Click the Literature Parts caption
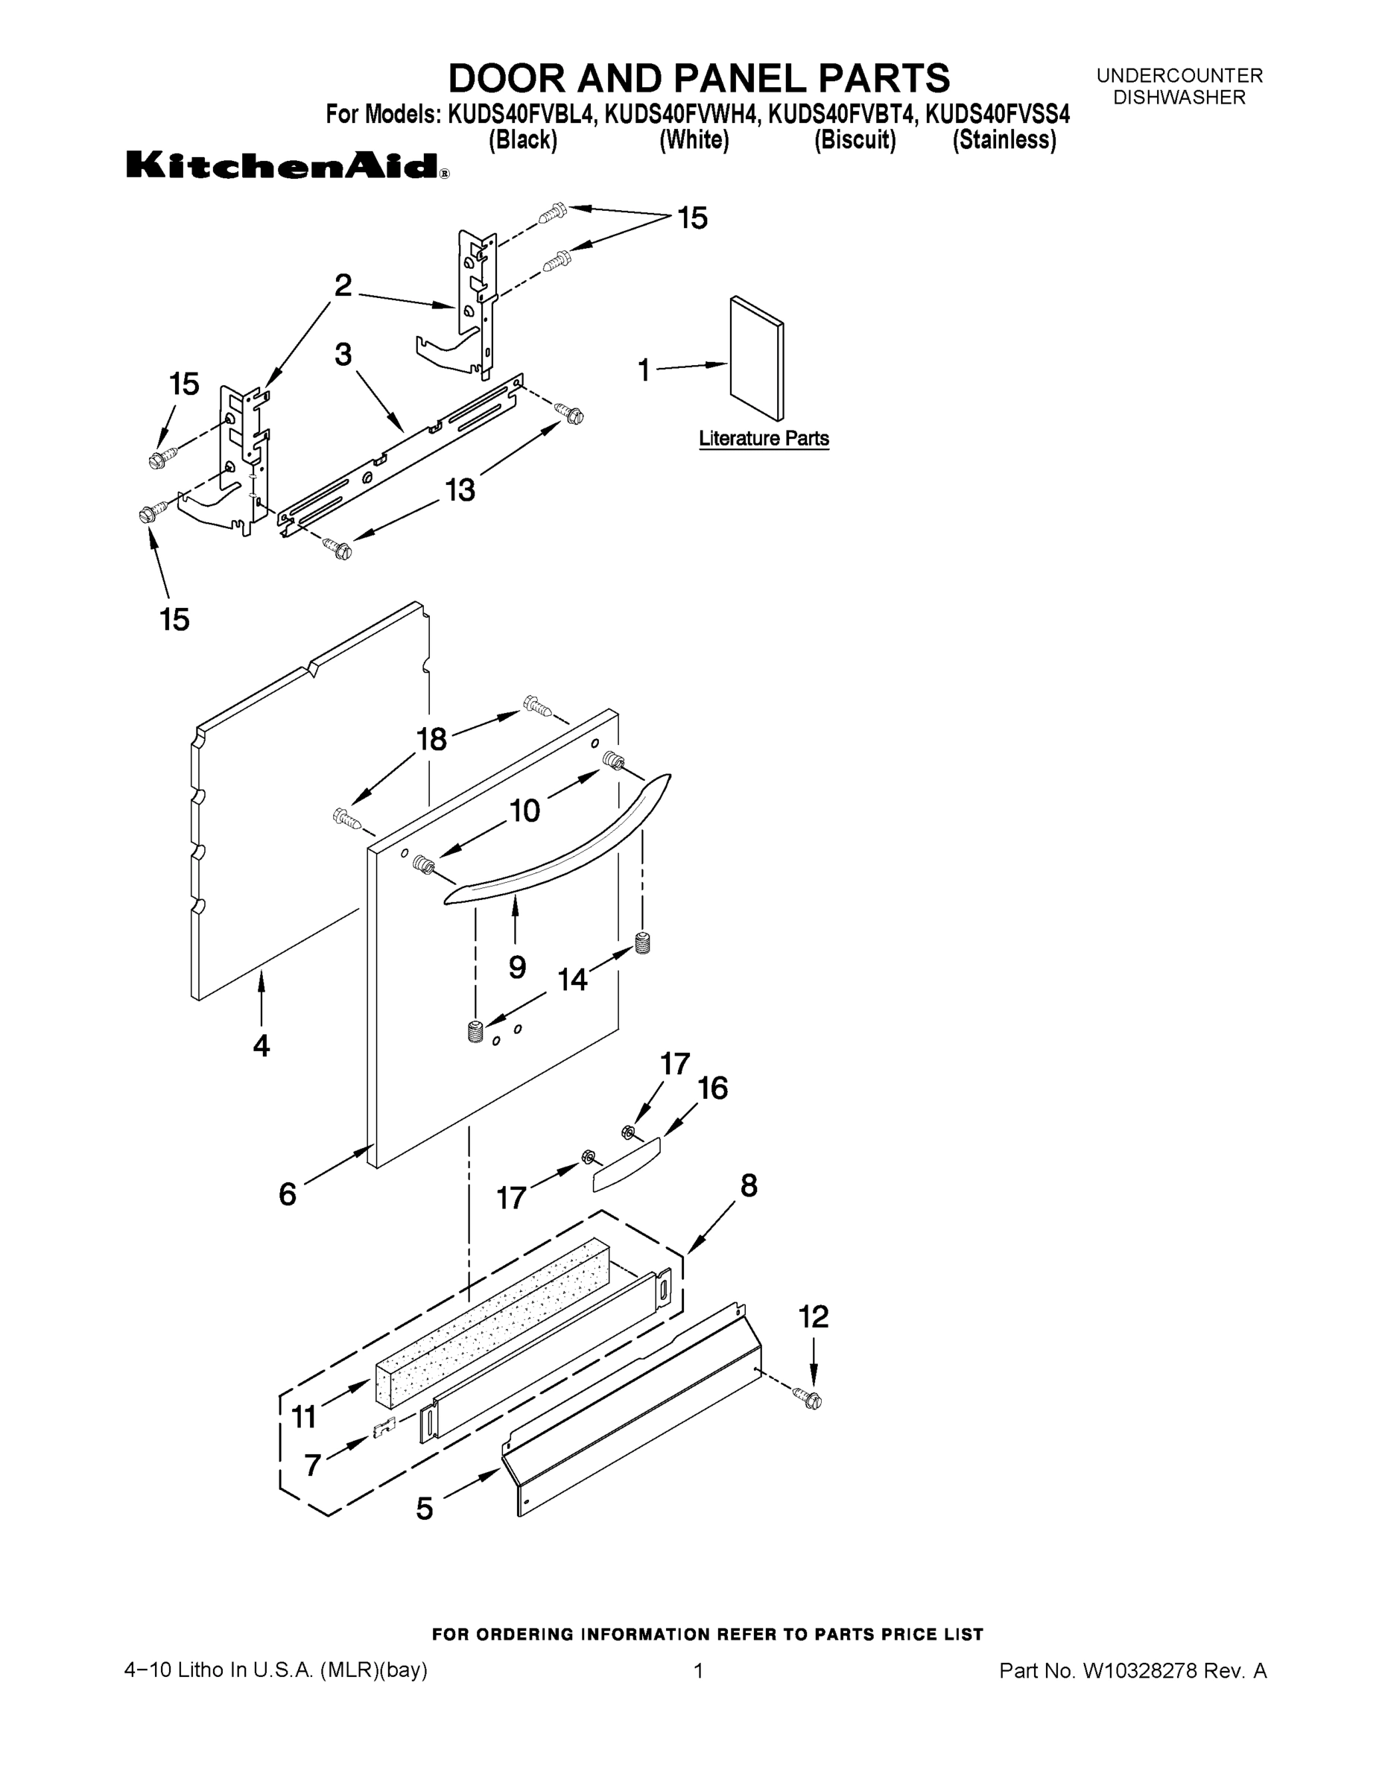click(763, 439)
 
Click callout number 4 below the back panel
click(261, 1045)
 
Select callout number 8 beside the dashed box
click(748, 1185)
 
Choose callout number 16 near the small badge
click(712, 1088)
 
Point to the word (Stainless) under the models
click(1004, 141)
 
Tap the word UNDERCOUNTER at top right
click(1179, 76)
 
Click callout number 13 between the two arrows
click(460, 490)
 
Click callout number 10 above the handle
click(524, 811)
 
